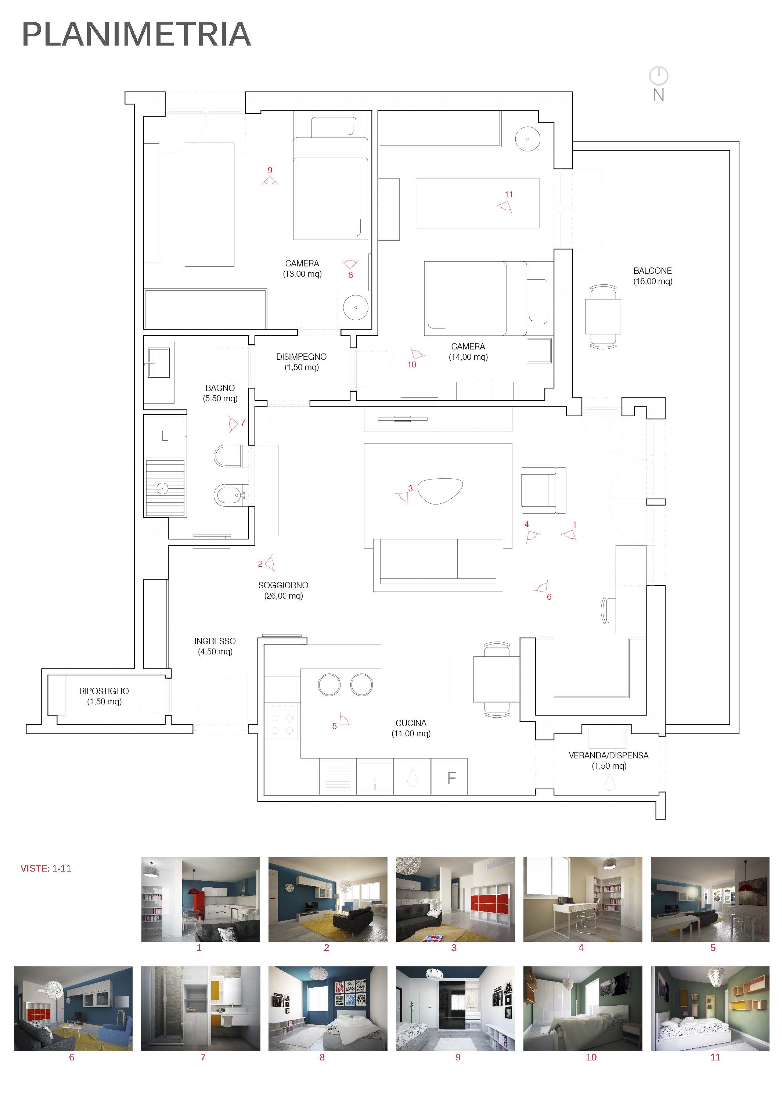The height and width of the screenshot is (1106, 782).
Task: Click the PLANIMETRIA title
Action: tap(136, 34)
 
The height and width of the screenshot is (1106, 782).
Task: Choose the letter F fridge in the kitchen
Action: tap(451, 778)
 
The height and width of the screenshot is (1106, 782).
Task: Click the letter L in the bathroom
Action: tap(164, 437)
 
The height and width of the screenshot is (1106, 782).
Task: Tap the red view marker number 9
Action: tap(270, 170)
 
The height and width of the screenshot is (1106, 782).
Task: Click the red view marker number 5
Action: tap(334, 726)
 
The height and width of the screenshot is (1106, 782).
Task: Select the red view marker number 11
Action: tap(509, 195)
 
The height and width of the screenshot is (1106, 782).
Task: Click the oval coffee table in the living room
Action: tap(440, 491)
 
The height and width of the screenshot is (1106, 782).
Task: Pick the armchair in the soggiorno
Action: tap(543, 490)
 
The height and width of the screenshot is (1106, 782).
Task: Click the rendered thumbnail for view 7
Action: tap(200, 1008)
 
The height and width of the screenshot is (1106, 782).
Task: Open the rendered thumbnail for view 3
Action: tap(455, 899)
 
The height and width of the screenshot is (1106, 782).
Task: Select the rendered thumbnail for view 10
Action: tap(583, 1008)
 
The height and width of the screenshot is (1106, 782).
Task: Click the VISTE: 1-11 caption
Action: tap(46, 869)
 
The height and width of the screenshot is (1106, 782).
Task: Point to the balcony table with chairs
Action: tap(603, 316)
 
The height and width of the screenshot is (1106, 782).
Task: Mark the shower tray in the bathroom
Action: tap(165, 488)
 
